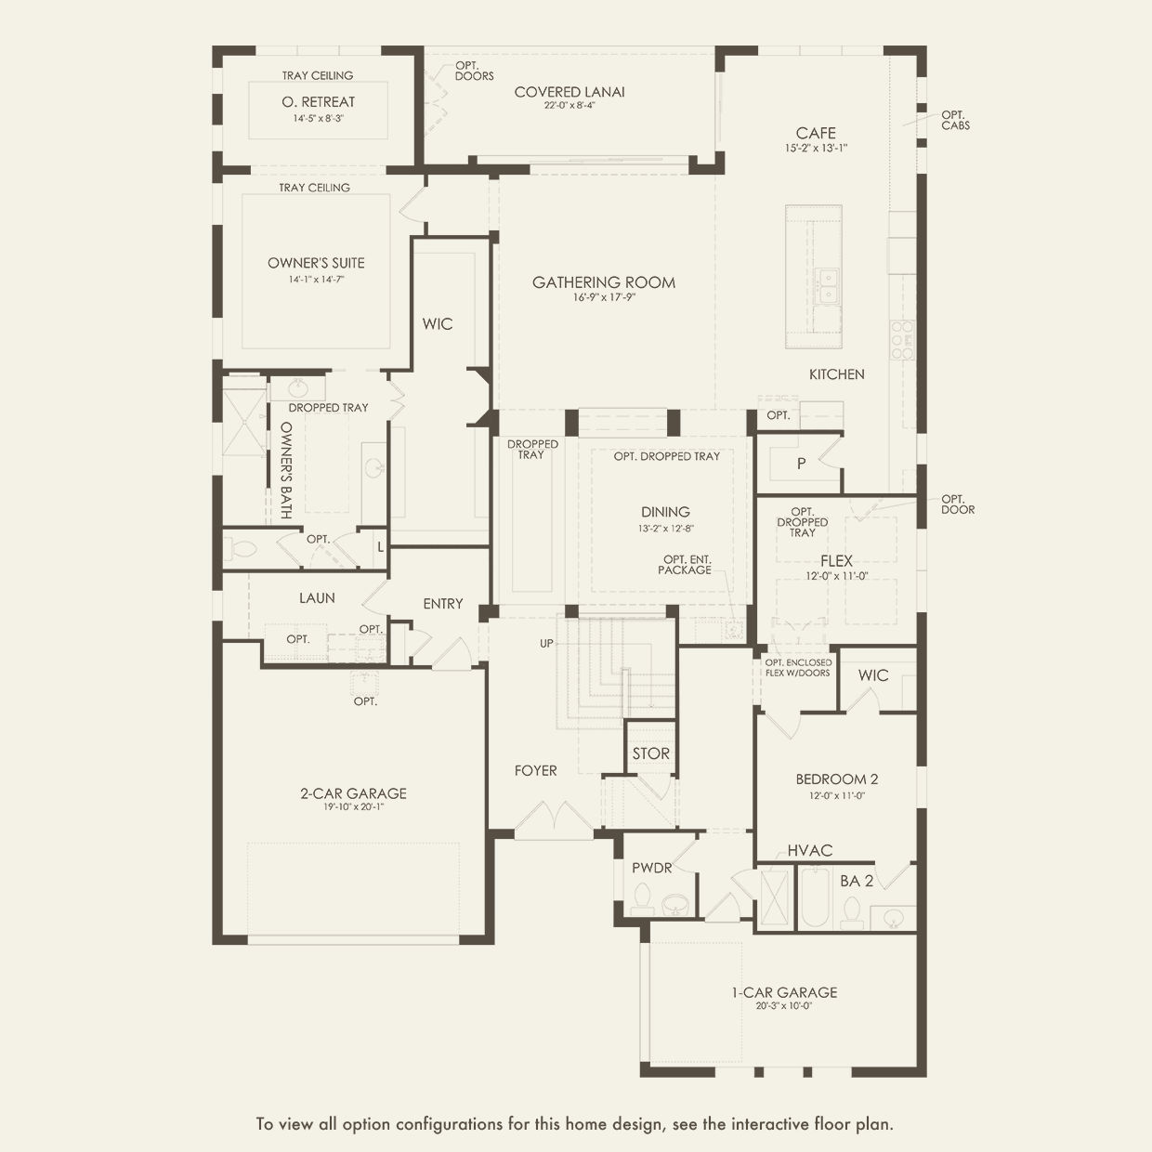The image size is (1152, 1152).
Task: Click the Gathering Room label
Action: click(x=604, y=282)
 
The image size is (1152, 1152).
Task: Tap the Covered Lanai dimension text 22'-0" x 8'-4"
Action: click(x=569, y=106)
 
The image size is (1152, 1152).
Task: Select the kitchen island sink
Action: click(x=828, y=285)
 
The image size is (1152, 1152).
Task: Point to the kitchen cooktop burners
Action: click(x=902, y=340)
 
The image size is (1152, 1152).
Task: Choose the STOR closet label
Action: click(x=650, y=753)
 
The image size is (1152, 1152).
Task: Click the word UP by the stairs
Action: click(x=546, y=644)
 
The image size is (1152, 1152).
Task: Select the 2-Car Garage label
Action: click(x=353, y=793)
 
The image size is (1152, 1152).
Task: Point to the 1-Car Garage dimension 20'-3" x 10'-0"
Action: click(x=784, y=1005)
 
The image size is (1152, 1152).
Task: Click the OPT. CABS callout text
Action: click(x=955, y=120)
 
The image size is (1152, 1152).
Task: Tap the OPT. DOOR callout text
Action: click(x=958, y=504)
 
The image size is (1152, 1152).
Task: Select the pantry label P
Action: click(x=801, y=463)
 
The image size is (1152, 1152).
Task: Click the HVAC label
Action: click(x=810, y=850)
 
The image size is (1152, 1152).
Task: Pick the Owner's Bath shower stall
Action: click(x=244, y=415)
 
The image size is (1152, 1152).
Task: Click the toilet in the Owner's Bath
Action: click(x=240, y=547)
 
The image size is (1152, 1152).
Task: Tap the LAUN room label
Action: click(x=317, y=597)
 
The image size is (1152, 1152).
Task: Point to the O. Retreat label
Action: click(x=318, y=102)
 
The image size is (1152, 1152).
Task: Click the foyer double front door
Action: click(x=555, y=818)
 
